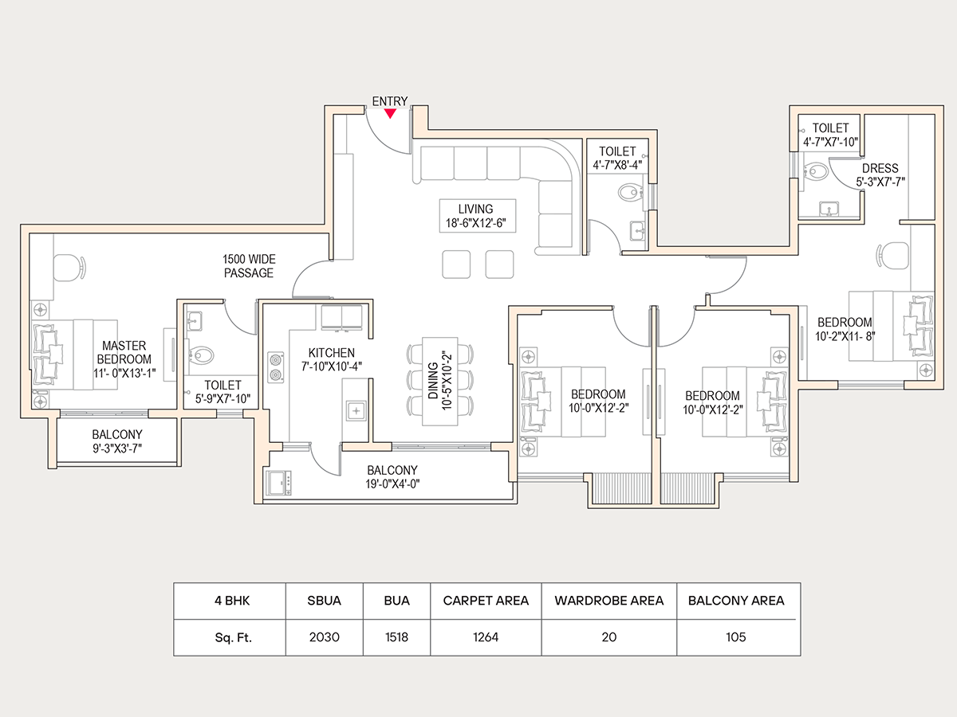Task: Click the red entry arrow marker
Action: click(x=389, y=113)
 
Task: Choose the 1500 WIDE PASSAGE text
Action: click(x=248, y=266)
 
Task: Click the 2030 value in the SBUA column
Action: click(x=324, y=637)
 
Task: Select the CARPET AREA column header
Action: click(x=486, y=601)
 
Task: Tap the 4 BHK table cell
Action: click(x=229, y=601)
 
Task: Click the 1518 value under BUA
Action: click(x=396, y=637)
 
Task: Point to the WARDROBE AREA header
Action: click(x=608, y=601)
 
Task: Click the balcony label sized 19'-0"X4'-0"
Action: click(x=392, y=476)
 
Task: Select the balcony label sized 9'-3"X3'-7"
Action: click(x=117, y=441)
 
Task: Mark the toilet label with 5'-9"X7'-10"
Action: click(x=223, y=392)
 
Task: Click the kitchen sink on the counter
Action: click(x=355, y=411)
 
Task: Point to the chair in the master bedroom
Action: click(x=69, y=266)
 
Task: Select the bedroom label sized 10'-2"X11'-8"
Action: click(x=845, y=329)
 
